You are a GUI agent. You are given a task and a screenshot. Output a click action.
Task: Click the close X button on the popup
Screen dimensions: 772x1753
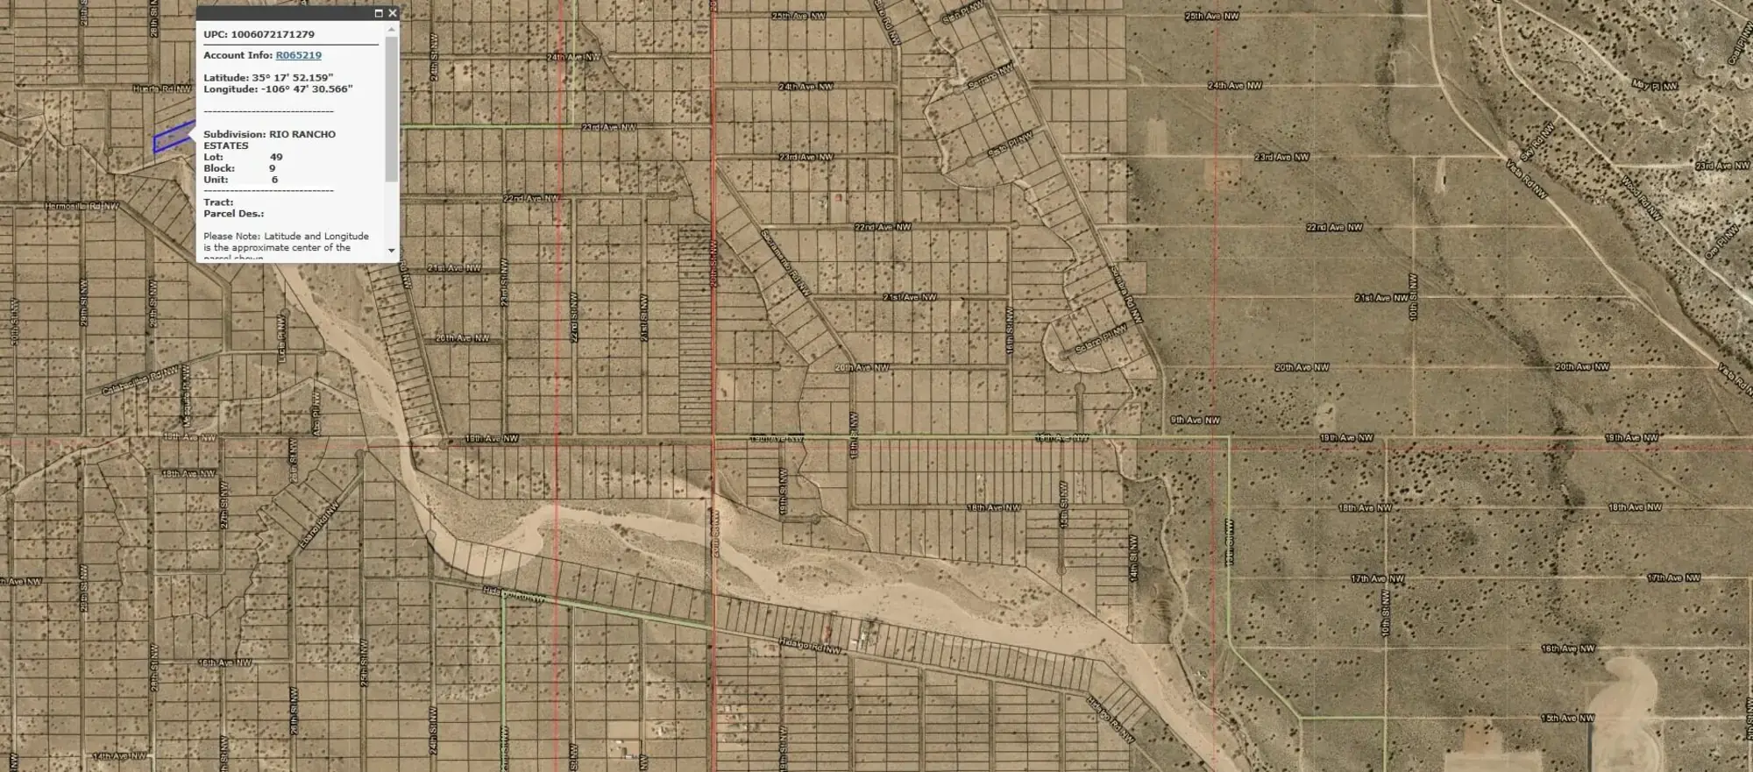click(x=392, y=13)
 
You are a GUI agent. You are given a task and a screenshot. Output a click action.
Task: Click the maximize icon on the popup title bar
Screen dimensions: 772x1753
click(x=379, y=13)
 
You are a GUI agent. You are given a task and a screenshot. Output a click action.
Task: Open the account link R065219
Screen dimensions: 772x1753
click(x=298, y=55)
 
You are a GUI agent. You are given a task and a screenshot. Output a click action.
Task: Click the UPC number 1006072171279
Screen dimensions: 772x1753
click(x=273, y=34)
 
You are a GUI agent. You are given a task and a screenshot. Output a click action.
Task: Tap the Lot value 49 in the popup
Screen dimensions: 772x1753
click(x=276, y=157)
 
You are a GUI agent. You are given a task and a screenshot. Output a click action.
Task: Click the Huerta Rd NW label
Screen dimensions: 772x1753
click(x=162, y=89)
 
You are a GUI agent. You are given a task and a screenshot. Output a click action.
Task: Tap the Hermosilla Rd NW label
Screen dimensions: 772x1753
click(x=82, y=206)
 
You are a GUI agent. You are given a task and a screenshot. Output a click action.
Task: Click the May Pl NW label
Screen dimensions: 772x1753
click(x=1654, y=85)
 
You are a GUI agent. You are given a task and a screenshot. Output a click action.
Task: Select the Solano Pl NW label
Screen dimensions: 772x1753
click(x=1089, y=340)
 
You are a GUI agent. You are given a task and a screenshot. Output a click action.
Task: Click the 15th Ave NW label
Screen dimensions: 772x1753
click(x=1567, y=718)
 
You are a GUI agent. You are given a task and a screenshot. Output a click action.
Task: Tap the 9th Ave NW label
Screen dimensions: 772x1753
click(x=1195, y=420)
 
